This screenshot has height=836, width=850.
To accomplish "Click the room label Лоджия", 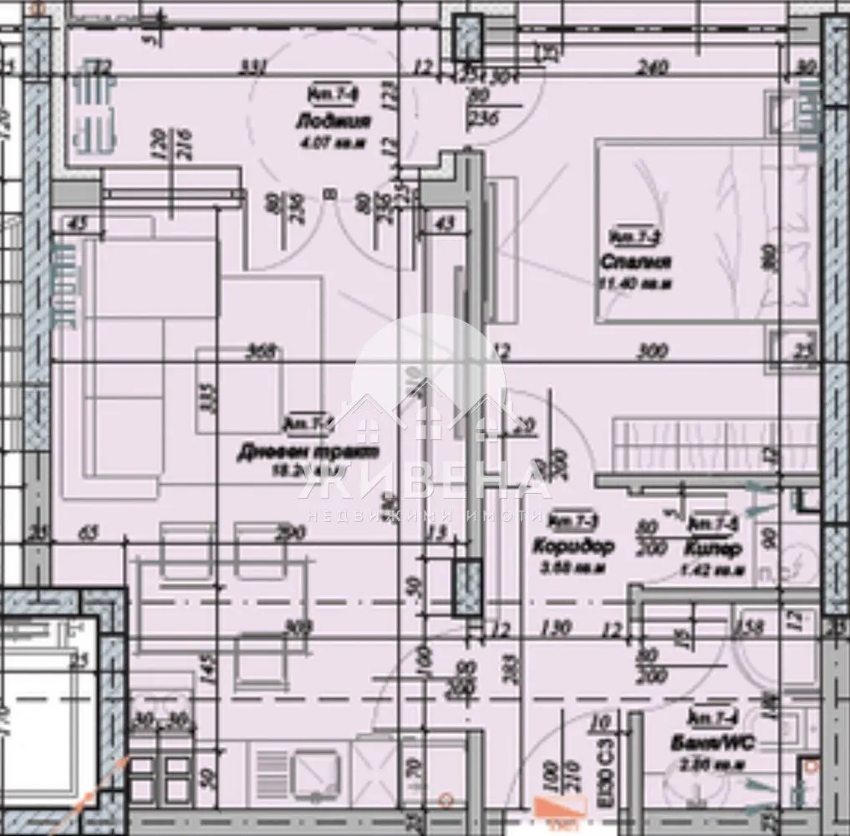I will [333, 122].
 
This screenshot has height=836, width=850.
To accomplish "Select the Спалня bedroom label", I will [635, 263].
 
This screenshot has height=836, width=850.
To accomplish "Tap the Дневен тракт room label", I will [308, 452].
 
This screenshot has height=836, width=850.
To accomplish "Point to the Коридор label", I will [573, 547].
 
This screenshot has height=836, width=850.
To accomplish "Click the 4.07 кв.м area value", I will [333, 141].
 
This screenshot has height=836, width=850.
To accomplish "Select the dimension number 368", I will [261, 352].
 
